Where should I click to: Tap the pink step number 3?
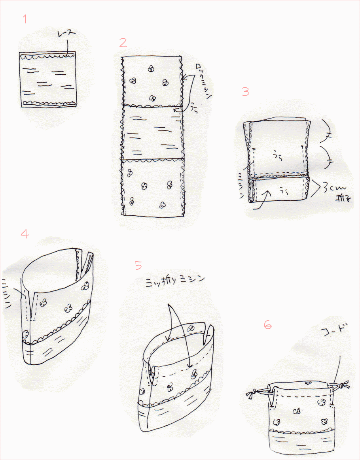click(246, 92)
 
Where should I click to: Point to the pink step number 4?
click(25, 234)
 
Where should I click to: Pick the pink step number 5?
click(138, 265)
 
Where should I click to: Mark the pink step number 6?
click(268, 325)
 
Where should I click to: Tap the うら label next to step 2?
click(193, 107)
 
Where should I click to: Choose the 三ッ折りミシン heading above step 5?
click(175, 279)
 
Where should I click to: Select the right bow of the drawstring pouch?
click(341, 385)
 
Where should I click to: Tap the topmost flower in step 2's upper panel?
click(150, 69)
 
